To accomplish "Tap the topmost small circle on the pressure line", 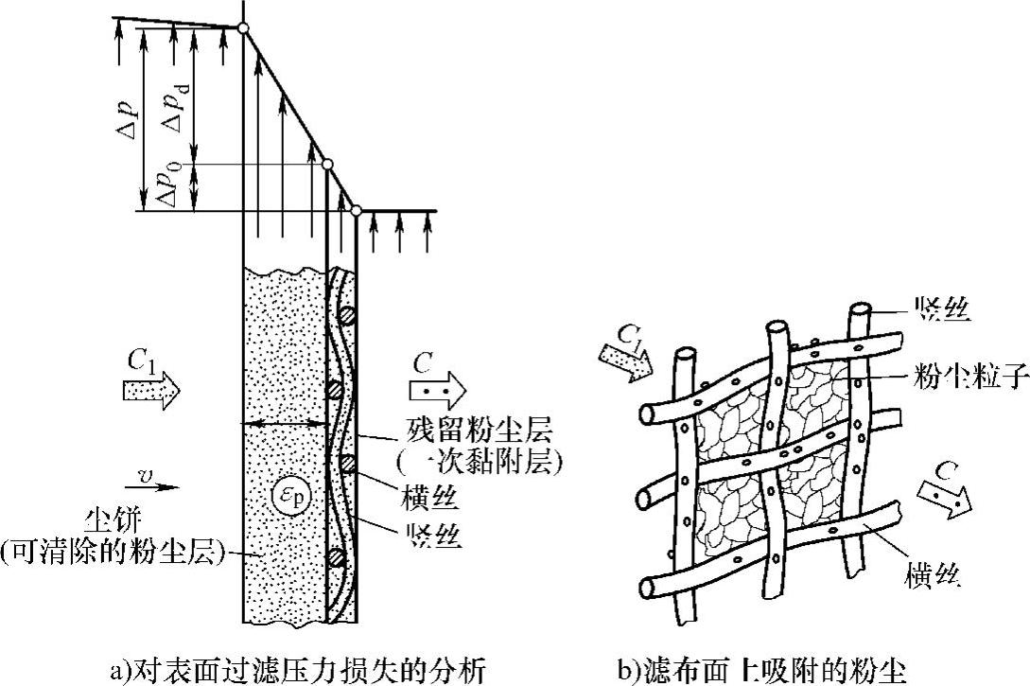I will click(243, 29).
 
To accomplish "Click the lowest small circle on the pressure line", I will click(357, 210).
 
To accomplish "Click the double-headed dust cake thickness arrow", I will click(285, 425).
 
